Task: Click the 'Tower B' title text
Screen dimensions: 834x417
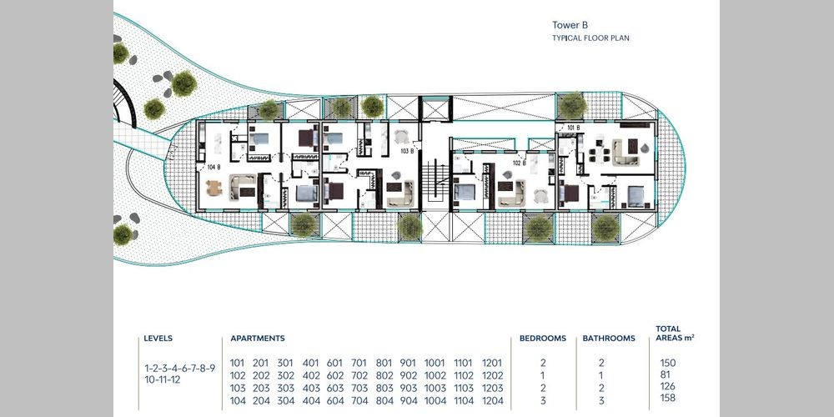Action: (570, 25)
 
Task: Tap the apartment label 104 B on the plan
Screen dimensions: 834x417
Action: (214, 167)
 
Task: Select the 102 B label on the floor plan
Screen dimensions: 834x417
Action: (519, 163)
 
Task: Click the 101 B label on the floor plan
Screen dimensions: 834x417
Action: (574, 128)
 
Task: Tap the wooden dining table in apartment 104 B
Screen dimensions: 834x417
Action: (214, 188)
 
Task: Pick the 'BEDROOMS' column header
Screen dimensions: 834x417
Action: (543, 339)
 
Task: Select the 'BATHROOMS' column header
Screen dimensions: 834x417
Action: (609, 339)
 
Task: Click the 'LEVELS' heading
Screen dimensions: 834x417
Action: (158, 339)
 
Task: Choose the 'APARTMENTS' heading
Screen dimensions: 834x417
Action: (258, 339)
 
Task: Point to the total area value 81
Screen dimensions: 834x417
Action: (666, 375)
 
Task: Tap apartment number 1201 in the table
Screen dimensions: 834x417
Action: (491, 364)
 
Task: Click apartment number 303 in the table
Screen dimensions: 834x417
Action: (285, 389)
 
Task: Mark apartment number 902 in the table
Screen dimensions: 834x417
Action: (409, 375)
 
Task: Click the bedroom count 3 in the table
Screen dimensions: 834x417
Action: (543, 401)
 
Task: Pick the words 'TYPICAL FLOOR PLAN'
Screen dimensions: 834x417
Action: (590, 38)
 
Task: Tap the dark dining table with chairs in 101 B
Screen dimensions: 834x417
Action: (600, 155)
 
